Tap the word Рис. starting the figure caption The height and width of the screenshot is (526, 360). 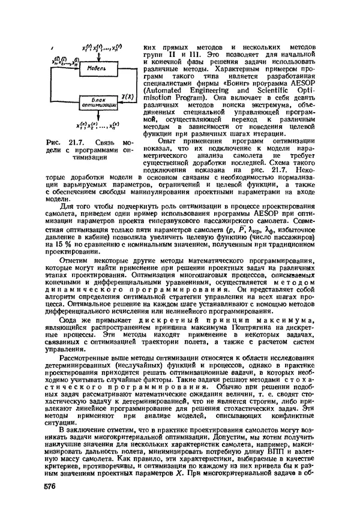coord(53,142)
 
